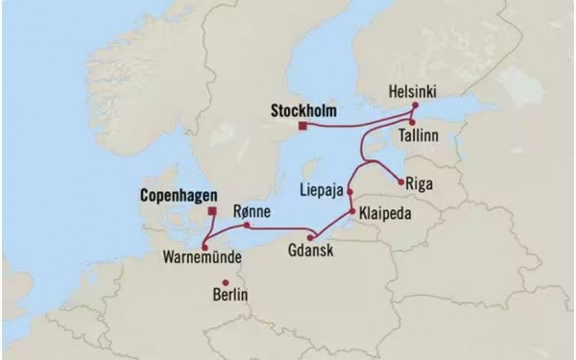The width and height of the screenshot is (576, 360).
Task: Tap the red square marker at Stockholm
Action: (x=302, y=126)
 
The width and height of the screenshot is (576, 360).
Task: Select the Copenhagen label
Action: (x=164, y=192)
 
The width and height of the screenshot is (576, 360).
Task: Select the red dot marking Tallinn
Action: (x=411, y=123)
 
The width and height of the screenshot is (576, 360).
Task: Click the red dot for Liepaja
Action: (x=350, y=192)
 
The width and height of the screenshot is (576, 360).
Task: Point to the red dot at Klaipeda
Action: (x=350, y=211)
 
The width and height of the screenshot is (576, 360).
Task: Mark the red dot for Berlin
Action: (x=226, y=281)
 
